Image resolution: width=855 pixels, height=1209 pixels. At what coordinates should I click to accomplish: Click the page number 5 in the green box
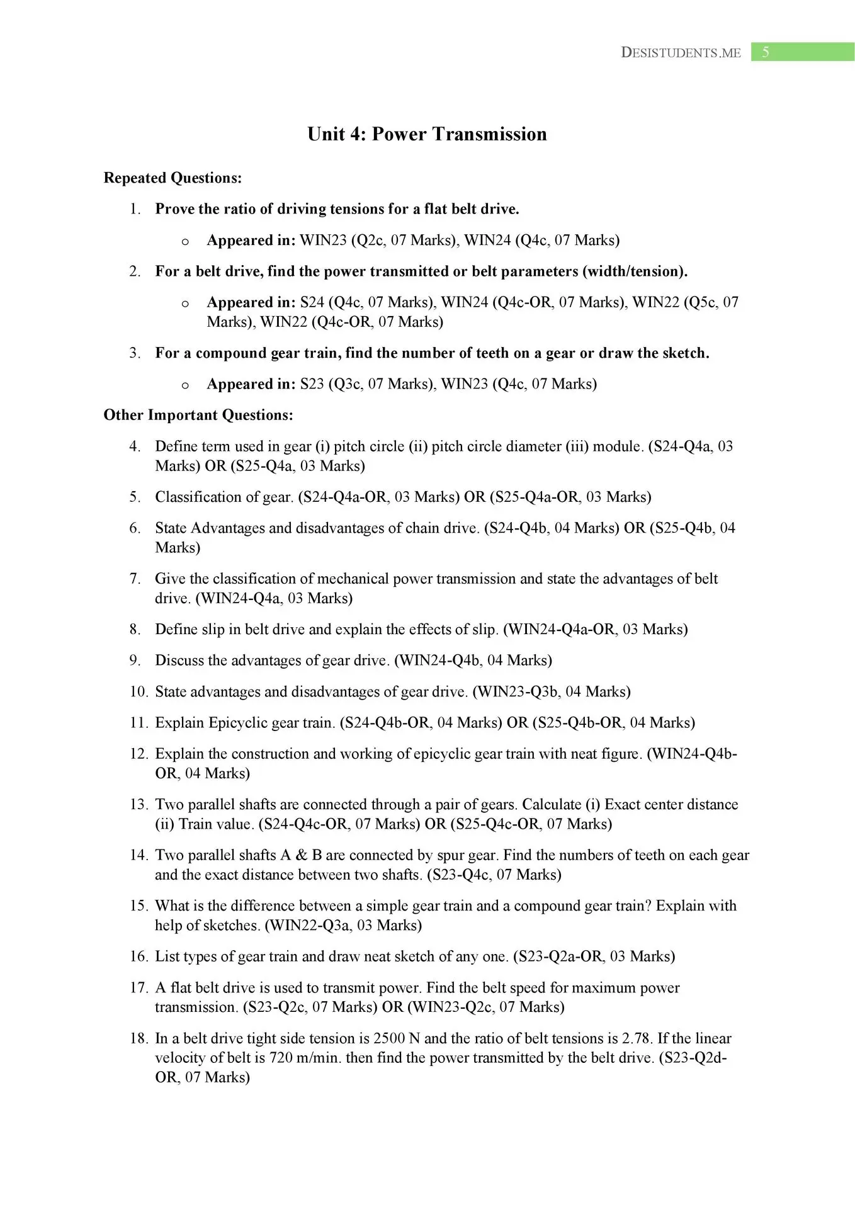[765, 52]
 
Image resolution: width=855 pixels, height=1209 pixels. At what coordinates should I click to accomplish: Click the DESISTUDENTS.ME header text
[681, 53]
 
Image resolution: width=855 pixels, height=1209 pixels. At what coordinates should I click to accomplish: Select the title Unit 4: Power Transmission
[427, 134]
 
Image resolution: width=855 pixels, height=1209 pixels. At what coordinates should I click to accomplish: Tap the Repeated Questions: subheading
[173, 178]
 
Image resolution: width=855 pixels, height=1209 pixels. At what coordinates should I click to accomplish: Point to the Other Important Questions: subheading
[198, 415]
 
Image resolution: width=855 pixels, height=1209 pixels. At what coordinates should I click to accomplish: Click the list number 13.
[138, 805]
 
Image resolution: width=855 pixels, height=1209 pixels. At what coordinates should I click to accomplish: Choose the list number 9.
[135, 661]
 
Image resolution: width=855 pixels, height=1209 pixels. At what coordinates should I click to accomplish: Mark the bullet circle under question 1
[185, 241]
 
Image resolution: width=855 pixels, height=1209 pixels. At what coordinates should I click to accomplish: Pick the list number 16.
[138, 956]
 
